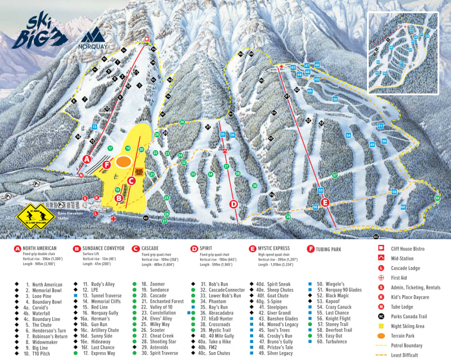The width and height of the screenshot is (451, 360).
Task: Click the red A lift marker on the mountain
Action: (87, 159)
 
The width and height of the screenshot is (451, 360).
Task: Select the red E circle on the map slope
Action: (324, 202)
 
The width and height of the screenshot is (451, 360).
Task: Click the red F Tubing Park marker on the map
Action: (107, 165)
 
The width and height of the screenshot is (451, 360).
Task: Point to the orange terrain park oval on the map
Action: (126, 162)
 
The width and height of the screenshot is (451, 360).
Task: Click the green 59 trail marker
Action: (437, 197)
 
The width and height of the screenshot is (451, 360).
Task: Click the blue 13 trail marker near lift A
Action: (94, 127)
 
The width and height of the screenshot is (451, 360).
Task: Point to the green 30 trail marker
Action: (182, 122)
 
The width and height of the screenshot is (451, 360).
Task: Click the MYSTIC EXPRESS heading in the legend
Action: (277, 248)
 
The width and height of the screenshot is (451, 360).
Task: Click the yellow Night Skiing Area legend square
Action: (382, 326)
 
